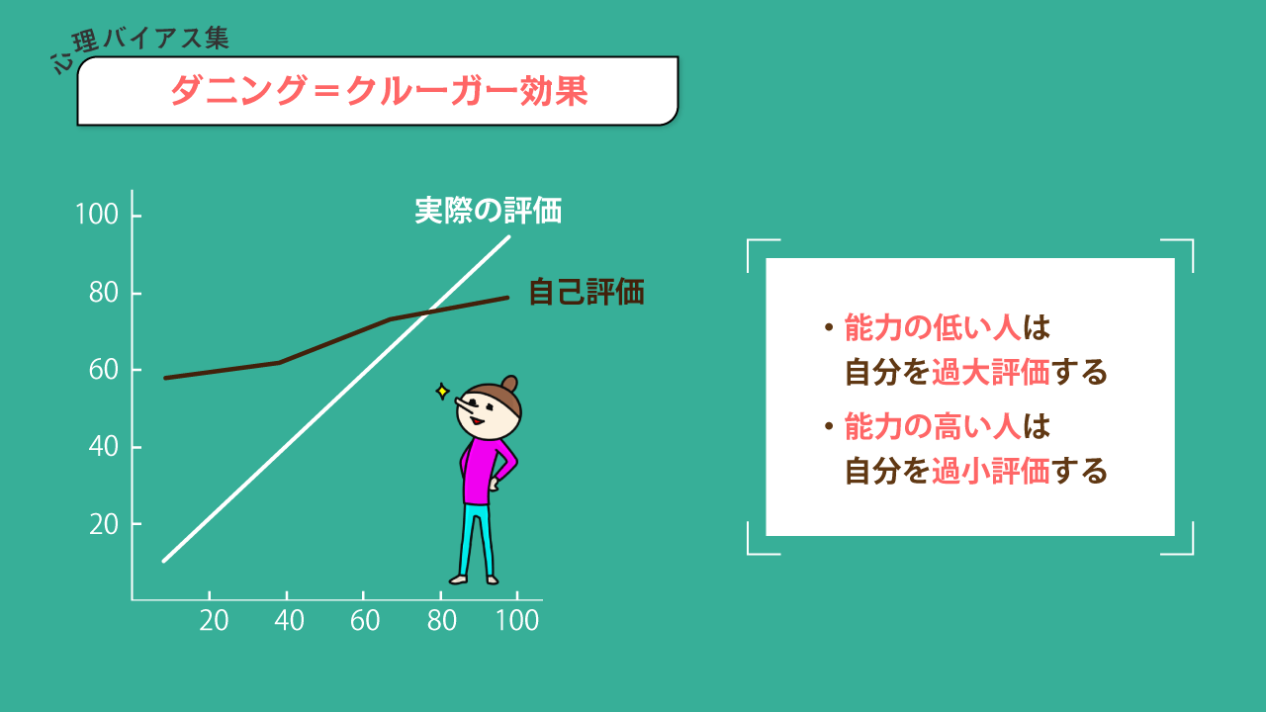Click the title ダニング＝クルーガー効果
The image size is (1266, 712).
pyautogui.click(x=379, y=90)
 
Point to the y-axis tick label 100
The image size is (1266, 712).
pyautogui.click(x=97, y=215)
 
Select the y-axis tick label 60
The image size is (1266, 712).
pyautogui.click(x=104, y=370)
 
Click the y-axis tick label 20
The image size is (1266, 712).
pyautogui.click(x=104, y=525)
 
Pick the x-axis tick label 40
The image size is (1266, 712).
pyautogui.click(x=289, y=620)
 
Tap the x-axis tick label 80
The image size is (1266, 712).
pyautogui.click(x=441, y=620)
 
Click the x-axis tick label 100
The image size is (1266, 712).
pyautogui.click(x=517, y=620)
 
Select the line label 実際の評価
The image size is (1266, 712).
pyautogui.click(x=489, y=211)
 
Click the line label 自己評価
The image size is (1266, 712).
pyautogui.click(x=587, y=292)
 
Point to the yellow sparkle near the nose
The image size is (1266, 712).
pyautogui.click(x=442, y=391)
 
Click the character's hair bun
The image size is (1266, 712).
pyautogui.click(x=509, y=385)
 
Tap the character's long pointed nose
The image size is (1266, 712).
pyautogui.click(x=466, y=404)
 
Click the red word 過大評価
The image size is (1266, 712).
pyautogui.click(x=990, y=372)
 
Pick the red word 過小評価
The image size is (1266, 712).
pyautogui.click(x=990, y=471)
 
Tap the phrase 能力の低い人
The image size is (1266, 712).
pyautogui.click(x=933, y=327)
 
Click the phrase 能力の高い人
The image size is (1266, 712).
pyautogui.click(x=933, y=426)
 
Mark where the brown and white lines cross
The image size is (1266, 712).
pyautogui.click(x=428, y=311)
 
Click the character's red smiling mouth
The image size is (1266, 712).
pyautogui.click(x=477, y=420)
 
